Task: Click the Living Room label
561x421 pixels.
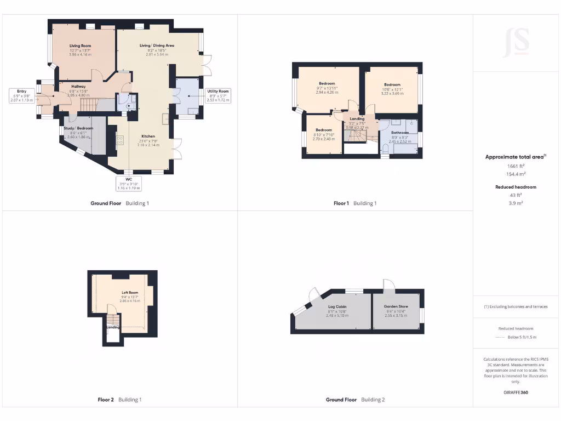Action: pos(80,46)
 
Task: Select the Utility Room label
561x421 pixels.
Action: pos(218,91)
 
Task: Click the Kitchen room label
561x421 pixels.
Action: pos(148,136)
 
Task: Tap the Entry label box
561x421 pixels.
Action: pos(22,91)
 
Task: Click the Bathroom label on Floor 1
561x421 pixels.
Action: pos(400,132)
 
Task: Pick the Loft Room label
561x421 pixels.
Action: pos(130,293)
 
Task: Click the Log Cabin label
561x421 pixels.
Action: pos(337,306)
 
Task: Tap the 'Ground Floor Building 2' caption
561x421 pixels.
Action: pos(355,400)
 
